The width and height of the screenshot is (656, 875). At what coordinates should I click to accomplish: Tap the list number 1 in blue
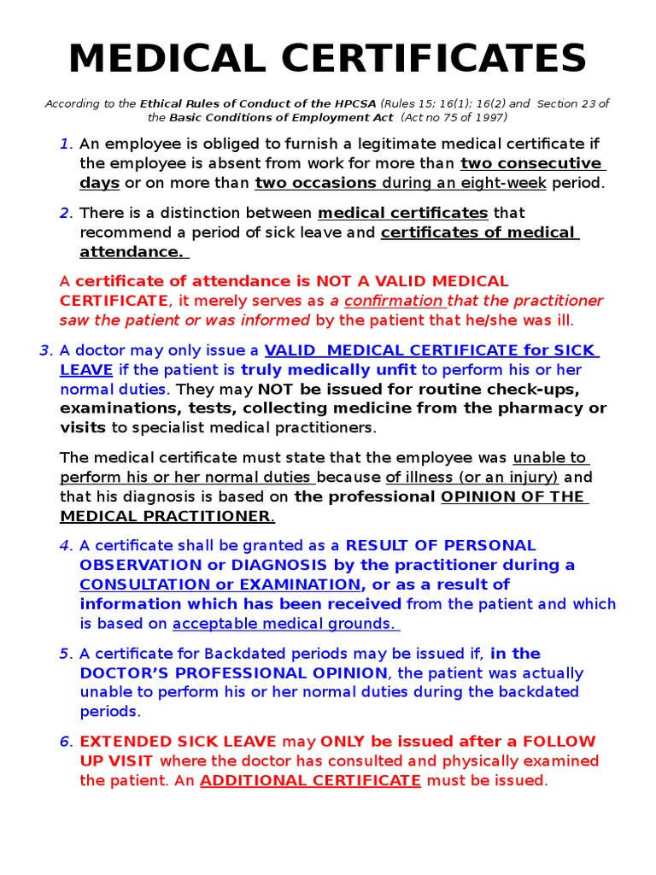pyautogui.click(x=66, y=144)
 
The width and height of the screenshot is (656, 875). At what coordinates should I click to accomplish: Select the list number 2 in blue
pyautogui.click(x=66, y=213)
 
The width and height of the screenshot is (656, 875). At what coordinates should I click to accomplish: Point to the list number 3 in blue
pyautogui.click(x=45, y=350)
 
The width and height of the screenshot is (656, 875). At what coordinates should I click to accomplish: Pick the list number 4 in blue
pyautogui.click(x=66, y=545)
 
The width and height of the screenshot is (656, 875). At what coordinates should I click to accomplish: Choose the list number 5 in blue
pyautogui.click(x=66, y=654)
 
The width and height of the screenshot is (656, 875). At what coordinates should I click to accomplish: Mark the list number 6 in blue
pyautogui.click(x=66, y=742)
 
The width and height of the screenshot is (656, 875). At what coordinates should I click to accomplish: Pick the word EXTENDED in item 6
pyautogui.click(x=120, y=742)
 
